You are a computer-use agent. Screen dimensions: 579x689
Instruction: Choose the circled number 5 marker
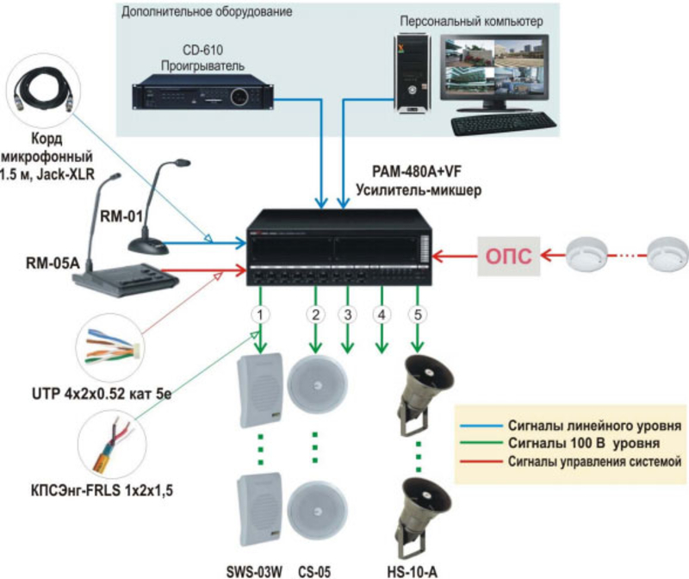click(x=419, y=314)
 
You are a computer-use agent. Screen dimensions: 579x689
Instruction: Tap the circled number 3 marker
click(x=347, y=314)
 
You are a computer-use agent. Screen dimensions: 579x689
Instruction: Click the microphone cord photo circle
click(x=42, y=90)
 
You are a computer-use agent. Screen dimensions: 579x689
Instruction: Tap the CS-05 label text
click(x=314, y=570)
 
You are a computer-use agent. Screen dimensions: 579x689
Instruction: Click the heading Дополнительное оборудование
click(x=206, y=14)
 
